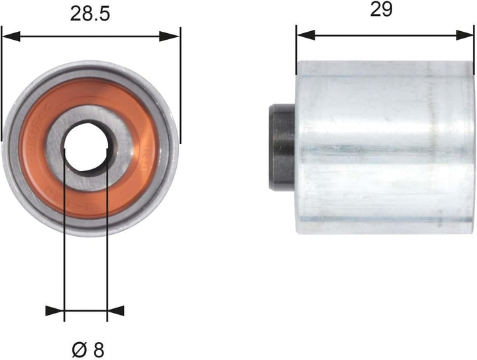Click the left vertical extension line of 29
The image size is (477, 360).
tap(296, 46)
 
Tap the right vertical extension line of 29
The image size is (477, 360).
tap(473, 46)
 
